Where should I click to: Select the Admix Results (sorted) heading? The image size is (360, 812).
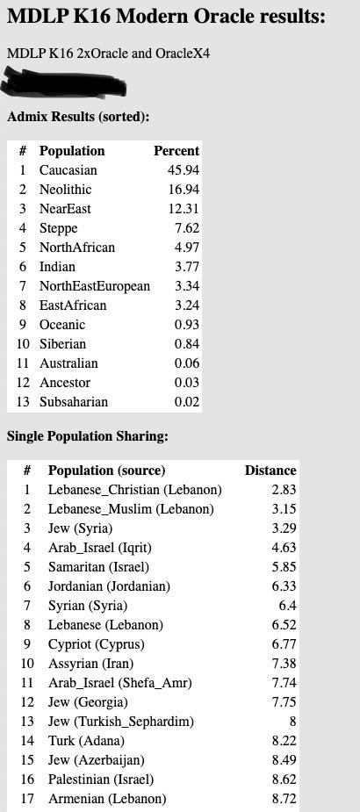click(78, 117)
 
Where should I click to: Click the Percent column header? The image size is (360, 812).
click(176, 151)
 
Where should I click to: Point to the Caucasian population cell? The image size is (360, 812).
click(68, 170)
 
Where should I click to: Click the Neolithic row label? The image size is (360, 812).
click(66, 190)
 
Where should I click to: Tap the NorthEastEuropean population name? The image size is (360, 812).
click(95, 286)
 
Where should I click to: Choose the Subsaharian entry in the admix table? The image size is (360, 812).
click(74, 402)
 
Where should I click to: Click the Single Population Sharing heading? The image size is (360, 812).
click(88, 436)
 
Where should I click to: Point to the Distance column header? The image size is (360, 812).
click(270, 471)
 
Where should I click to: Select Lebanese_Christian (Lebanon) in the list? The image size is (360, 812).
click(134, 490)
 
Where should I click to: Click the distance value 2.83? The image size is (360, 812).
click(284, 490)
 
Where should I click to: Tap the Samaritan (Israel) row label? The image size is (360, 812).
click(98, 567)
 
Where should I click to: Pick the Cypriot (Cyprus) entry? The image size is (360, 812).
click(96, 644)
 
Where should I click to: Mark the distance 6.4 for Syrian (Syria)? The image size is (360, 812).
click(287, 606)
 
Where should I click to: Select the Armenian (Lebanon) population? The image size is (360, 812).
click(107, 799)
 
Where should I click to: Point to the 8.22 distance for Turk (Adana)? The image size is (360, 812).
click(284, 741)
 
